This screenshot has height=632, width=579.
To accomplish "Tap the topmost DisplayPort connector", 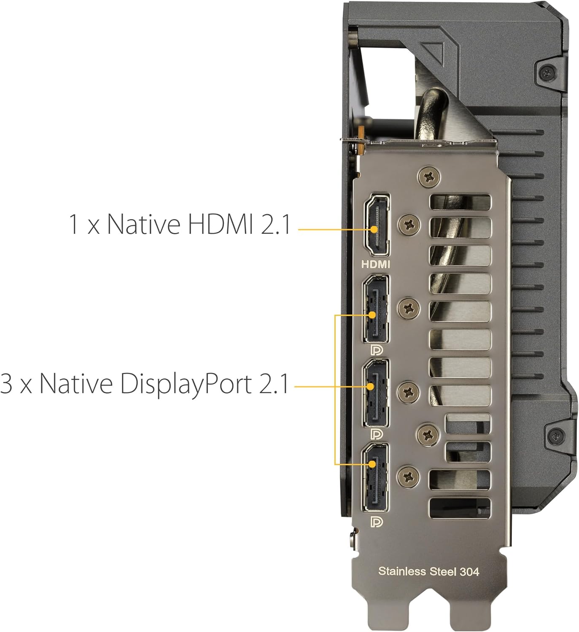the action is tap(376, 309).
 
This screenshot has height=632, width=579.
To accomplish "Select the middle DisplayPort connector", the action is tap(376, 393).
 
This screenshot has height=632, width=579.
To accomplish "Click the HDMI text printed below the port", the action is tap(376, 264).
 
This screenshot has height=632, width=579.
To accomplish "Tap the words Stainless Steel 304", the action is tap(428, 571).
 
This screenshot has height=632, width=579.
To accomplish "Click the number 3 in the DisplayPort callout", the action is tap(6, 383).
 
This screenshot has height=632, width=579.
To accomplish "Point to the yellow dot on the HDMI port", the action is tap(374, 229).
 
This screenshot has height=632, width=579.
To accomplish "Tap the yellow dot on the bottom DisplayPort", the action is tap(373, 464).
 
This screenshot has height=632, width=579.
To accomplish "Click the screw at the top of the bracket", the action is tap(428, 178).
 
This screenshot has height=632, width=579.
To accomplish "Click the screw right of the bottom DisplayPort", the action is tap(409, 477).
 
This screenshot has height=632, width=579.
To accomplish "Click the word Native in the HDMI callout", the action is tap(144, 224).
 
